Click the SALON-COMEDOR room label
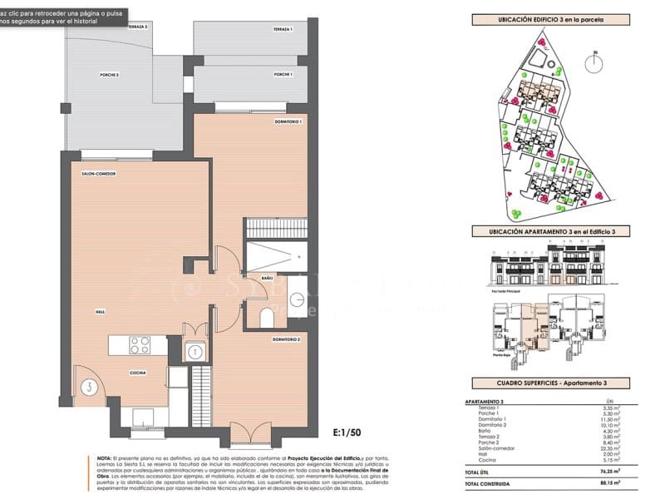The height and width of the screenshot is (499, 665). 98,174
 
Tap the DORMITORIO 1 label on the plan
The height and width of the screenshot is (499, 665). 287,122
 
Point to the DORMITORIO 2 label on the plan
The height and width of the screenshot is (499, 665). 286,339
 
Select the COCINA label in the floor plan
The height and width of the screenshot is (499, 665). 138,373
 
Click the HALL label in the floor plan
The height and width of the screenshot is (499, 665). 100,311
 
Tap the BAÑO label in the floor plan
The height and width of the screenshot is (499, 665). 267,277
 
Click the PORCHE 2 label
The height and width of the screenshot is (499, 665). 110,74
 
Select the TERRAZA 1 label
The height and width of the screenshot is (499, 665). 283,29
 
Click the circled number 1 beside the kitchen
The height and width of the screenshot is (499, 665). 195,352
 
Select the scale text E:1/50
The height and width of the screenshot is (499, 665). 347,432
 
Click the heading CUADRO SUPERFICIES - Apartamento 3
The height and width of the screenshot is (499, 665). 549,383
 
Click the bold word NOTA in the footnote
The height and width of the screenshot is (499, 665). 104,458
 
